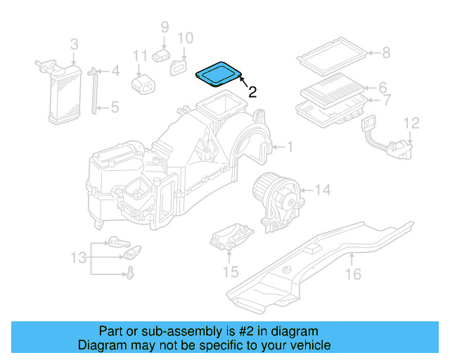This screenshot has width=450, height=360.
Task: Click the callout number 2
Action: (x=252, y=91)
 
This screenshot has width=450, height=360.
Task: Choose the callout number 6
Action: (x=382, y=88)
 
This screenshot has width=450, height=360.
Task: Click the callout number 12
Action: (x=411, y=124)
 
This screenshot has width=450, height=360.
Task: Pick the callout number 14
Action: (x=321, y=190)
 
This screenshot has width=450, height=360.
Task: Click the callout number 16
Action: (x=356, y=274)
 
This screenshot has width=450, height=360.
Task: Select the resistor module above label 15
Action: (x=231, y=238)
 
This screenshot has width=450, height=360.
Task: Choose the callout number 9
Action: (x=165, y=27)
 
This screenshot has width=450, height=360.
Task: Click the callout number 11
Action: (x=140, y=55)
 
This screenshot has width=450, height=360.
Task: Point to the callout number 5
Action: (x=115, y=108)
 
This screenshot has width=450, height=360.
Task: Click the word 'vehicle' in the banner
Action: (x=308, y=345)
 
